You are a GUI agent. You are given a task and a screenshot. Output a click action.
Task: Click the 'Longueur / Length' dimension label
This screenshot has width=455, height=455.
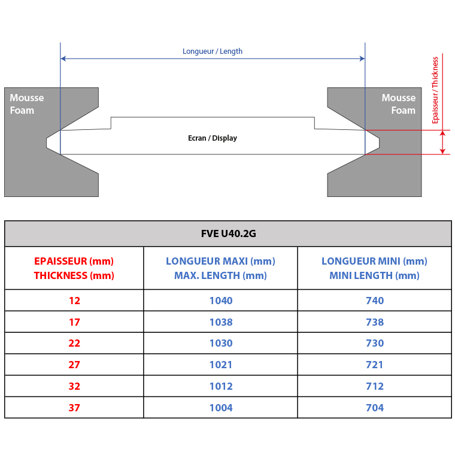pyautogui.click(x=213, y=51)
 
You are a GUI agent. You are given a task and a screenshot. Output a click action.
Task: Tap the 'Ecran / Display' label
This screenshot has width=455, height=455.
pyautogui.click(x=213, y=138)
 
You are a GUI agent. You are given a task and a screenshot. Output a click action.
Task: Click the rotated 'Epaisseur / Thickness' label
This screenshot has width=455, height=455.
pyautogui.click(x=435, y=90)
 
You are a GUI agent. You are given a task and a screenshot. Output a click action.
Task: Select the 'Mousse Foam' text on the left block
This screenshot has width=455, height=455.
pyautogui.click(x=27, y=104)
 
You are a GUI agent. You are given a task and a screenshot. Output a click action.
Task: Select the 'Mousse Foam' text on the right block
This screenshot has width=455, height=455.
pyautogui.click(x=399, y=104)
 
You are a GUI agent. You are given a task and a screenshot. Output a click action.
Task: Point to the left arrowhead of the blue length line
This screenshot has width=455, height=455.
pyautogui.click(x=63, y=59)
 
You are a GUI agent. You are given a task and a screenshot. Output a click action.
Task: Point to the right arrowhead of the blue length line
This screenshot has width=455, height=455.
pyautogui.click(x=362, y=59)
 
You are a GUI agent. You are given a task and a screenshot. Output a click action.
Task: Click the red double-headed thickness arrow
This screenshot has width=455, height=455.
pyautogui.click(x=442, y=142)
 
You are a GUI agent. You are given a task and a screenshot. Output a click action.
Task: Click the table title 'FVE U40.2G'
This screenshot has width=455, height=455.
pyautogui.click(x=229, y=233)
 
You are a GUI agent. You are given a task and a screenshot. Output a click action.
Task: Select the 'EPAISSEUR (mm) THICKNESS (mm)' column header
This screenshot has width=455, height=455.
pyautogui.click(x=74, y=268)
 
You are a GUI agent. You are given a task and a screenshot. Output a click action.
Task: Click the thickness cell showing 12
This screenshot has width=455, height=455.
pyautogui.click(x=74, y=301)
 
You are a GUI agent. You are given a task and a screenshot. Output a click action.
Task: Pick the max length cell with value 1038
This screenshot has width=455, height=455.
pyautogui.click(x=221, y=322)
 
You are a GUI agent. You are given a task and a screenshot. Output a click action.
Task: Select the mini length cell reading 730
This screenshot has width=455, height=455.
pyautogui.click(x=375, y=343)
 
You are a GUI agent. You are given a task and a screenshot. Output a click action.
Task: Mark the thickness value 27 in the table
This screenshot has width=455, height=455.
pyautogui.click(x=74, y=365)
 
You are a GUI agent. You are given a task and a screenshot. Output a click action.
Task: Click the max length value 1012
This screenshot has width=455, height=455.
pyautogui.click(x=221, y=386)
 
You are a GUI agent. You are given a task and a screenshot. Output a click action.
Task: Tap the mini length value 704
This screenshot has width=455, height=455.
pyautogui.click(x=375, y=408)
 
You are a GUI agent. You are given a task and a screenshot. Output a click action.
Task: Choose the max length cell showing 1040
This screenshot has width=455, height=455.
pyautogui.click(x=221, y=301)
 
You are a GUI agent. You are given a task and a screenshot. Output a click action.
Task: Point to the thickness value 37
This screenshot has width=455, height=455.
pyautogui.click(x=74, y=408)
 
